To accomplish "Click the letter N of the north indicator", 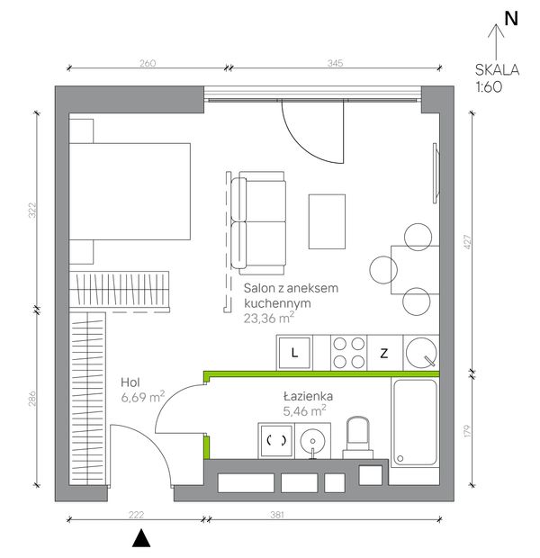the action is click(511, 19).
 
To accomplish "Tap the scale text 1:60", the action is click(489, 86).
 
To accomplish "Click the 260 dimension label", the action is click(148, 63).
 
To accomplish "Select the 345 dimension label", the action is click(335, 63).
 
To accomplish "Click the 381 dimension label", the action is click(276, 515).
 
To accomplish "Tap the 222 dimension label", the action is click(136, 515).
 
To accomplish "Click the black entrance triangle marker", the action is click(141, 537).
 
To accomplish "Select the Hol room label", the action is click(130, 382).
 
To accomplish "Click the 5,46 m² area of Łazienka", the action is click(304, 411).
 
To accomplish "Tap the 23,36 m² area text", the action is click(269, 318).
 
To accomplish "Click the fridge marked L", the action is click(294, 353).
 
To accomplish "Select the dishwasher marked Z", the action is click(384, 353).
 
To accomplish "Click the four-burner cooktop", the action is click(349, 353).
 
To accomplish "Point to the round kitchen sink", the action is click(421, 352).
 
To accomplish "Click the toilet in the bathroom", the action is click(358, 438).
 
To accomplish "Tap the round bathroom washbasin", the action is click(312, 441).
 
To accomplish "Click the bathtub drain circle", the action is click(400, 458).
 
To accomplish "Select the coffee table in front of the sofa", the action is click(327, 221).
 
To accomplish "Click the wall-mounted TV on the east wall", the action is click(436, 173).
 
